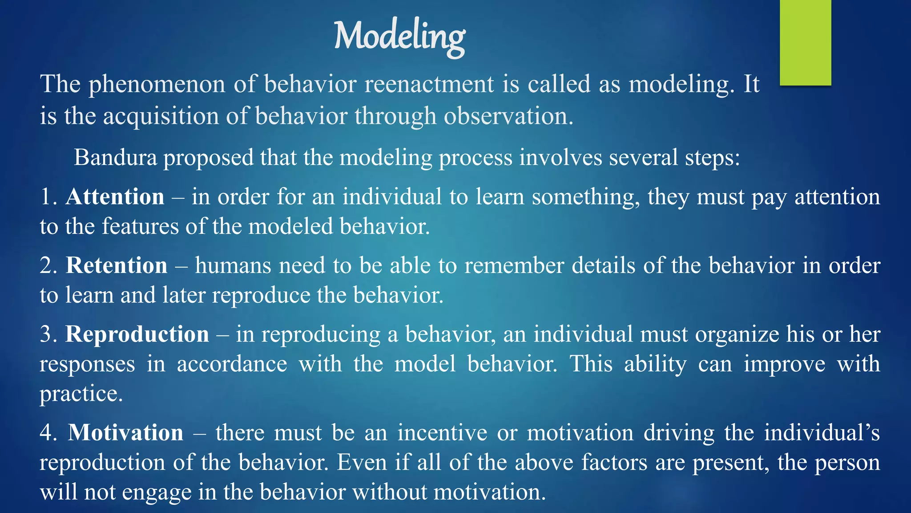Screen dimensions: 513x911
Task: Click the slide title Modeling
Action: click(x=399, y=37)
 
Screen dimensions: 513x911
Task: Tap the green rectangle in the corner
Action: click(x=805, y=42)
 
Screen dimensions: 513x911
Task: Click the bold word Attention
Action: click(x=115, y=196)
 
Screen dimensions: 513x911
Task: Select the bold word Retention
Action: click(x=117, y=265)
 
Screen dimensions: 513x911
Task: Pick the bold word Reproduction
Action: click(x=137, y=334)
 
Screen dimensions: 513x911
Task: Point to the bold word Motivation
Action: click(x=125, y=432)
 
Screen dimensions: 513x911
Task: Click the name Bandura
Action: click(x=115, y=157)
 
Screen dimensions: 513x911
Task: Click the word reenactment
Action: click(x=429, y=84)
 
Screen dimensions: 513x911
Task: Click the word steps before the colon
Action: click(x=712, y=158)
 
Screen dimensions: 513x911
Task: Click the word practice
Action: click(x=81, y=394)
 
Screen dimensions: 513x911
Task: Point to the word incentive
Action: click(x=442, y=432)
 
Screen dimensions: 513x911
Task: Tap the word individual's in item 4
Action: click(x=822, y=432)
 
